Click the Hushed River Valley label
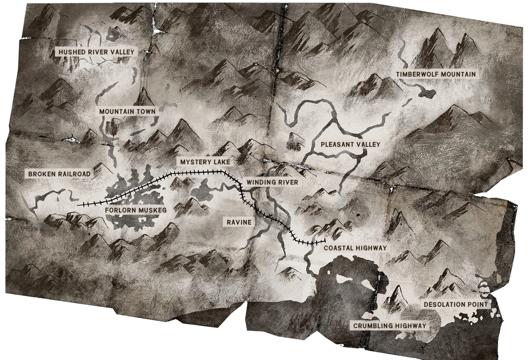(96, 52)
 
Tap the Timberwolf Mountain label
(436, 74)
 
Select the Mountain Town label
(127, 111)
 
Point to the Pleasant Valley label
(350, 144)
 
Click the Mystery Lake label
(202, 162)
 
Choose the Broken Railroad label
(59, 174)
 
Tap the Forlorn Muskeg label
(136, 211)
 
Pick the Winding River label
(272, 182)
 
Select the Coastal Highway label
(355, 248)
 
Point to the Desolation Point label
(455, 304)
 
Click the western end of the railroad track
(78, 205)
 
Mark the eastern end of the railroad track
(324, 241)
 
